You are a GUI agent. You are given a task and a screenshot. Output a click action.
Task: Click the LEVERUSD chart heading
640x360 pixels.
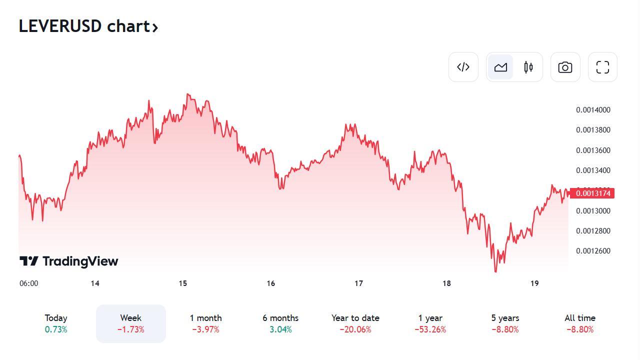point(88,26)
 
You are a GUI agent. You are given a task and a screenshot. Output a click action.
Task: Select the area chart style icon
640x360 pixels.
point(500,67)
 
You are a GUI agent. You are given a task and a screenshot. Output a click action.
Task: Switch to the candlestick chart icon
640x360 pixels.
point(528,67)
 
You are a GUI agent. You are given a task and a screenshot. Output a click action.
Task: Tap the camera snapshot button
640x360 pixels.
point(565,67)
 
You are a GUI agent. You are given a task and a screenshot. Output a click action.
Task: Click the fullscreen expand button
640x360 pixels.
point(602,67)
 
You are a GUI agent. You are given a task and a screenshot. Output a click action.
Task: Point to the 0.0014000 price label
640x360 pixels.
point(593,110)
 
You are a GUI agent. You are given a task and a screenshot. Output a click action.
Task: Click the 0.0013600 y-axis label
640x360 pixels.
point(593,150)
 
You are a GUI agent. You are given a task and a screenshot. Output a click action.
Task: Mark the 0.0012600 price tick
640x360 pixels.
point(593,251)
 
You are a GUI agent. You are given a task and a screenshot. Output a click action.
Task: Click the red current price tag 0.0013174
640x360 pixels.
point(592,193)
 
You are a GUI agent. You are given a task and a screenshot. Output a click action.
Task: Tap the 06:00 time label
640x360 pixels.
point(28,283)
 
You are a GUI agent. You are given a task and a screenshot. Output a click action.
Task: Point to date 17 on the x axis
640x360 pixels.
point(358,283)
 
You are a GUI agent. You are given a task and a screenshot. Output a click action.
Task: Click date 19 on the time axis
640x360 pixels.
point(534,283)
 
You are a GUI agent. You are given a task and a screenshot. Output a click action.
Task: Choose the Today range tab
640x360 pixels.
point(56,323)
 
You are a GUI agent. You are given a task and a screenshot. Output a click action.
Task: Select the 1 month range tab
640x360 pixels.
point(205,323)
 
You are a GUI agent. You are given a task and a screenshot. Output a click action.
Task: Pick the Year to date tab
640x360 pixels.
point(355,323)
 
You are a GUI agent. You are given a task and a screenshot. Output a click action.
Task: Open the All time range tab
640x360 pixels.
point(580,323)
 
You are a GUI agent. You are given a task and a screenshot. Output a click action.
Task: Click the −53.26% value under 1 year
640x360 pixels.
point(430,329)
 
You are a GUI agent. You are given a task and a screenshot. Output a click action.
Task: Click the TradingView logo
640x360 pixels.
point(69,261)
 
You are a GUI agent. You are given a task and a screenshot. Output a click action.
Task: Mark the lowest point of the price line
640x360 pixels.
point(495,272)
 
